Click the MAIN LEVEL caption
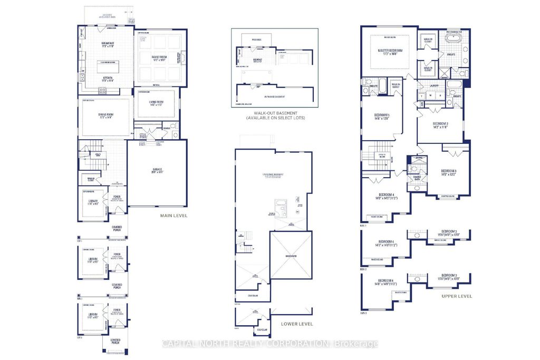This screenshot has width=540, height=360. coord(175,215)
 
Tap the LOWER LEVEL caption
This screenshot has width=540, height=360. coord(296,324)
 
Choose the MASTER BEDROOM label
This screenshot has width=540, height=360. coord(390,51)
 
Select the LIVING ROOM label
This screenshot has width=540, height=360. coord(155,104)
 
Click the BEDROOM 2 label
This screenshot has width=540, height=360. coord(440,125)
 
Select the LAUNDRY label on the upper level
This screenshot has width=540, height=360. coord(435,85)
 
